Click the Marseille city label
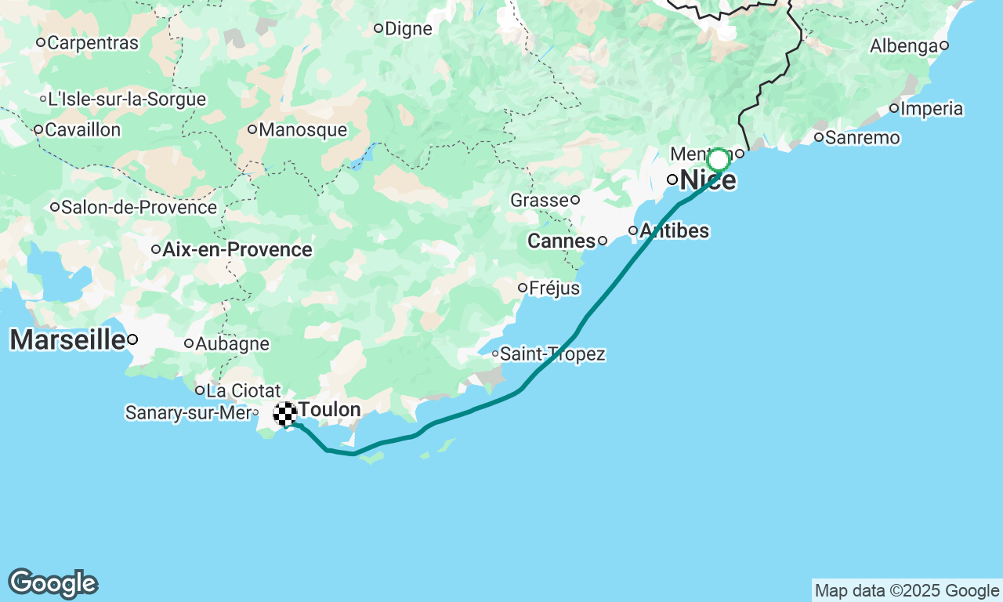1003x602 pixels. tap(67, 339)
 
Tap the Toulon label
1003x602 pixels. tap(329, 409)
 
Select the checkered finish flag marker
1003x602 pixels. tap(284, 413)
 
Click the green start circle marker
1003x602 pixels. tap(718, 160)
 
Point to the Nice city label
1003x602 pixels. tap(708, 180)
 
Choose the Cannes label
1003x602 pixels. tap(561, 241)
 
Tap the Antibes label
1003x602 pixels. tap(674, 230)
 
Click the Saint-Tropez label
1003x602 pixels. tap(552, 354)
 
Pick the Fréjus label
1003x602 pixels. tap(554, 288)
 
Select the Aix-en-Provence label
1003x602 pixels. tap(237, 250)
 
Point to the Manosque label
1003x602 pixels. tap(302, 129)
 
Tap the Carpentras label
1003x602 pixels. tap(92, 42)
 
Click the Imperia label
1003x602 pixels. tap(932, 108)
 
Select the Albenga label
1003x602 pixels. tap(903, 46)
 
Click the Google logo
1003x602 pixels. tap(53, 584)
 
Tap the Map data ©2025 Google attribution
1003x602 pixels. tap(907, 590)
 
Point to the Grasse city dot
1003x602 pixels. tap(575, 200)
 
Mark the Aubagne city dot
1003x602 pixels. tap(189, 343)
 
